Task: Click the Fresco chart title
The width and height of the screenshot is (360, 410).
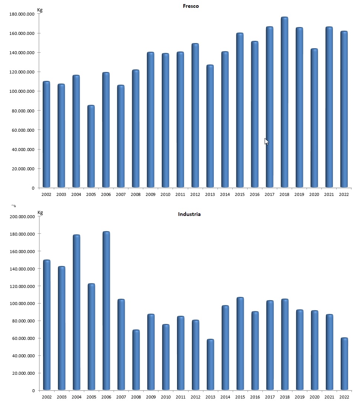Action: tap(191, 6)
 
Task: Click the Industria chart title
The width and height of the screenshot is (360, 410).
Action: tap(189, 214)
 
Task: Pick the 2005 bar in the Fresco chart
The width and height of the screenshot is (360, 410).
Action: tap(91, 146)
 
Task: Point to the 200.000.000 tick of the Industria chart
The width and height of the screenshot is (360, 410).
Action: tap(23, 217)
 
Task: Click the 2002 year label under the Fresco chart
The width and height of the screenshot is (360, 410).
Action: tap(46, 194)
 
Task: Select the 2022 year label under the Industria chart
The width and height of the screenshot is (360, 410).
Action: tap(344, 397)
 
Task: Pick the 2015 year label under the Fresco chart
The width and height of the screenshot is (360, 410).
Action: tap(240, 194)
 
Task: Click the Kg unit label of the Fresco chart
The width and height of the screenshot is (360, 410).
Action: tap(40, 10)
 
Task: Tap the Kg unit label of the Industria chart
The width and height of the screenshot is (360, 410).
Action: tap(40, 213)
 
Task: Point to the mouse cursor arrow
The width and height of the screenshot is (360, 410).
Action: tap(266, 141)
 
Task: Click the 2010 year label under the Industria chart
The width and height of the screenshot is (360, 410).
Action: tap(166, 397)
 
